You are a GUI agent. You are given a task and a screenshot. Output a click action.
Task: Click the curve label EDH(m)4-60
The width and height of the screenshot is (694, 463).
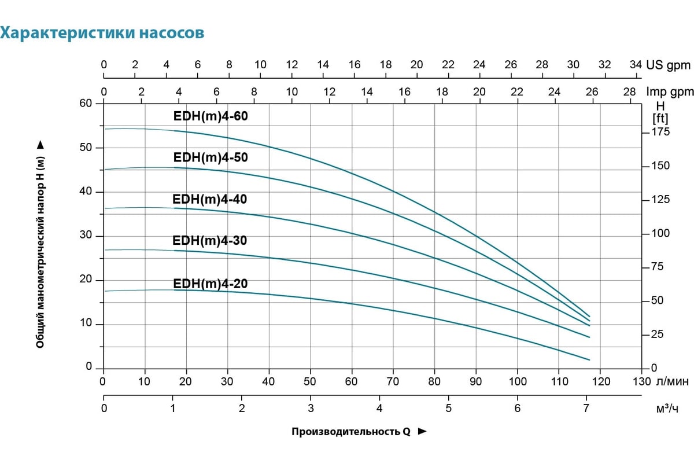pyautogui.click(x=211, y=116)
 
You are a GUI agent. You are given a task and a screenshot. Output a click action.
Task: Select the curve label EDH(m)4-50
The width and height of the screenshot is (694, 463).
pyautogui.click(x=211, y=157)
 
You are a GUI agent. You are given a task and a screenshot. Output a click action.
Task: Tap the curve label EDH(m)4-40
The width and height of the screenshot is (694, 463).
pyautogui.click(x=210, y=199)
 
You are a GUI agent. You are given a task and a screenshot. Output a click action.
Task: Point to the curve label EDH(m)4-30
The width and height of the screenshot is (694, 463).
pyautogui.click(x=210, y=241)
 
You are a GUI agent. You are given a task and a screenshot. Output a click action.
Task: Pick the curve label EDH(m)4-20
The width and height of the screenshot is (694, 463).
pyautogui.click(x=210, y=284)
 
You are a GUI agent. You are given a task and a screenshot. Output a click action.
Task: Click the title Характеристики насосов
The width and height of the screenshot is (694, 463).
pyautogui.click(x=102, y=33)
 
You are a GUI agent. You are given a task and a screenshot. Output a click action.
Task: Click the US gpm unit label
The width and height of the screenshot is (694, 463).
pyautogui.click(x=669, y=65)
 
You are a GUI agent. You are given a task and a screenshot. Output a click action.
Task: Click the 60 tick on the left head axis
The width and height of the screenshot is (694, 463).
pyautogui.click(x=86, y=103)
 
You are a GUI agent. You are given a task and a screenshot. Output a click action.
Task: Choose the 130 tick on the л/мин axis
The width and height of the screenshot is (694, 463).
pyautogui.click(x=641, y=381)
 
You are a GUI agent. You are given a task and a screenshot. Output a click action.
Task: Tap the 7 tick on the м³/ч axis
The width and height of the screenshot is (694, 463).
pyautogui.click(x=586, y=409)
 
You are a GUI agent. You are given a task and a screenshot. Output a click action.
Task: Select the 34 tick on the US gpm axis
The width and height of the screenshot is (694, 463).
pyautogui.click(x=636, y=65)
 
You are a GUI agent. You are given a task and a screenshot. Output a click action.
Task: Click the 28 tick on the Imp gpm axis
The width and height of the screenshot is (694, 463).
pyautogui.click(x=630, y=92)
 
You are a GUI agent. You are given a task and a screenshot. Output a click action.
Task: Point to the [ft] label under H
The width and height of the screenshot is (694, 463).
pyautogui.click(x=660, y=118)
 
